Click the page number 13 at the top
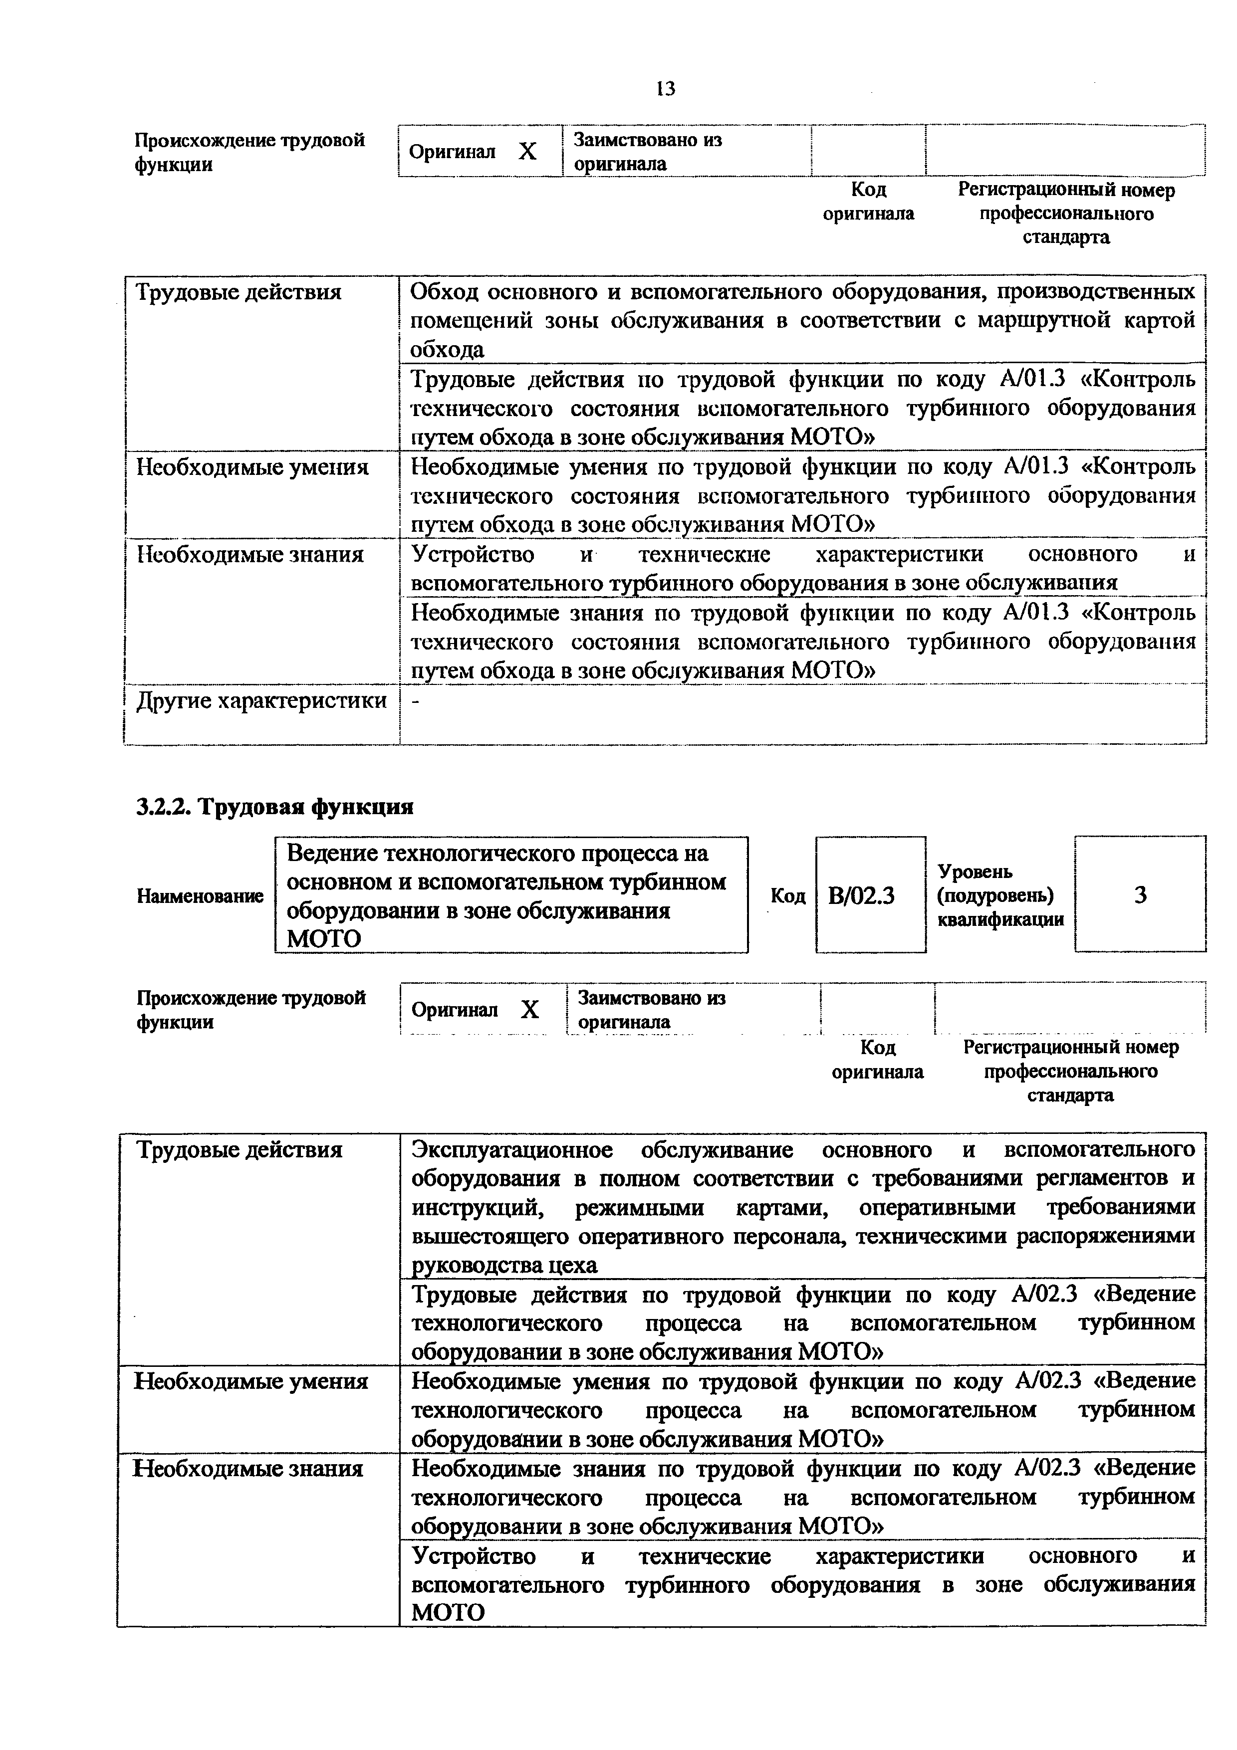(x=665, y=89)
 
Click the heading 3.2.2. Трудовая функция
(x=274, y=806)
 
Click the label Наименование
(x=200, y=896)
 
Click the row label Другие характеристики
(x=260, y=700)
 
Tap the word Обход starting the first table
(x=444, y=292)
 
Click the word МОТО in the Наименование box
(x=323, y=938)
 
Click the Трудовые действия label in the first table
(x=238, y=292)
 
